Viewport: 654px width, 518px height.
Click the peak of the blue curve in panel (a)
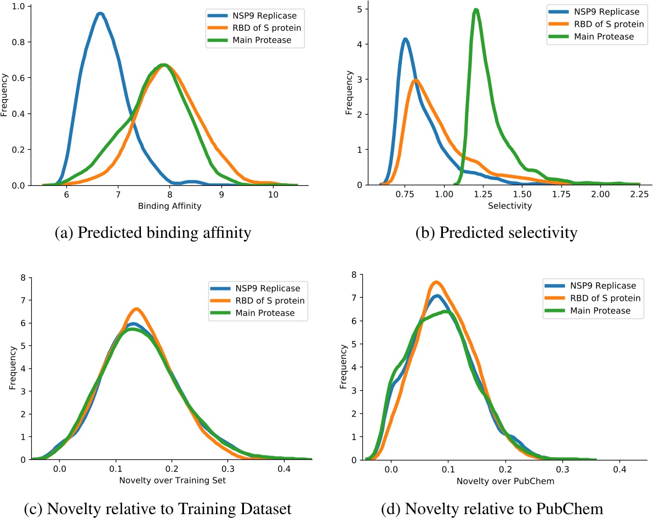click(100, 14)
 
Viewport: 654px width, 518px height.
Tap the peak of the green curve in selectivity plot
click(476, 10)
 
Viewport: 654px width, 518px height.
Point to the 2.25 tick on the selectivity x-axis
click(639, 195)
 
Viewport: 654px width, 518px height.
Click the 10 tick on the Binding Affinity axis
click(273, 195)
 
